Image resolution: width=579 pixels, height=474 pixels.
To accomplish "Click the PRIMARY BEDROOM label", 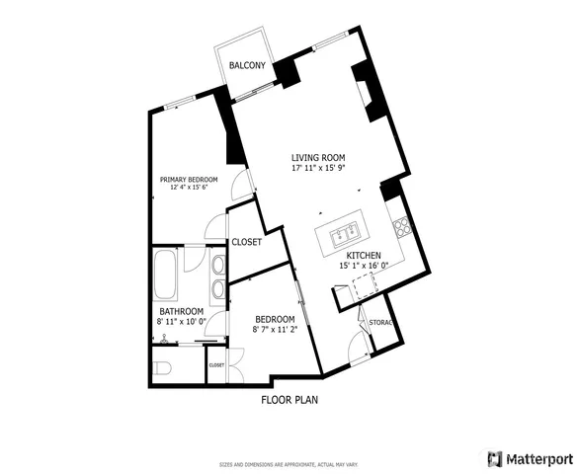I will coord(190,179).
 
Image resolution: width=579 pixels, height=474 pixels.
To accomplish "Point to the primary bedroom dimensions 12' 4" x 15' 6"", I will coord(190,188).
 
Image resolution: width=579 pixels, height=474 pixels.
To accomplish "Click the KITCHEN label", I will coord(364,255).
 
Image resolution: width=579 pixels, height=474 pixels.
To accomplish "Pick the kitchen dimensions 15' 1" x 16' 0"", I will coord(364,266).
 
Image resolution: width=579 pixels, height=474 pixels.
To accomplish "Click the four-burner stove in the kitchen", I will coord(403,228).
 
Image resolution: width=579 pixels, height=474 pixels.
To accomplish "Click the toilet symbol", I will coord(163,367).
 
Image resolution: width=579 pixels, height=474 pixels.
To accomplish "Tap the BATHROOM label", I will coord(182,311).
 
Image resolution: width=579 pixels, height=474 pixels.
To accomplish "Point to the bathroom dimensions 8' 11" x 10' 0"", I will coord(182,322).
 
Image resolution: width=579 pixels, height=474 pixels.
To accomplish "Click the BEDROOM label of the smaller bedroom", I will coord(274,319).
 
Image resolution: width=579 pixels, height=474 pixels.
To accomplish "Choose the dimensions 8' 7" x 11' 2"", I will coord(274,330).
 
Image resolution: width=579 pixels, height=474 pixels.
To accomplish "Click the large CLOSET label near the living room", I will coord(246,242).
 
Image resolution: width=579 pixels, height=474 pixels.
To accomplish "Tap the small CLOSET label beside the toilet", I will coord(216,365).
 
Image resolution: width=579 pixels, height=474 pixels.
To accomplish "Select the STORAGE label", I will coord(381,323).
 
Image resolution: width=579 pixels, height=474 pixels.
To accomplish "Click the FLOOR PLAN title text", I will coord(289,400).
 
